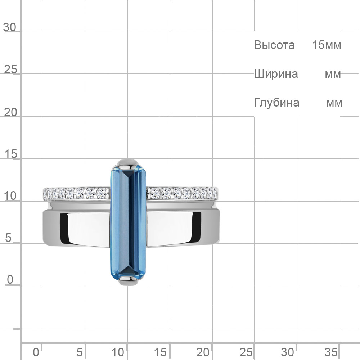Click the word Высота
[x=274, y=45]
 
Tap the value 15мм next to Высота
[x=327, y=45]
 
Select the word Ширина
[x=276, y=74]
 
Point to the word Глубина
[x=276, y=103]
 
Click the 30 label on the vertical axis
[x=10, y=27]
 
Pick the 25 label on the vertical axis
[x=10, y=69]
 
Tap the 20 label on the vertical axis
[x=10, y=112]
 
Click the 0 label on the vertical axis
[x=10, y=280]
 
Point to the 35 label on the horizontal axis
[x=331, y=352]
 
